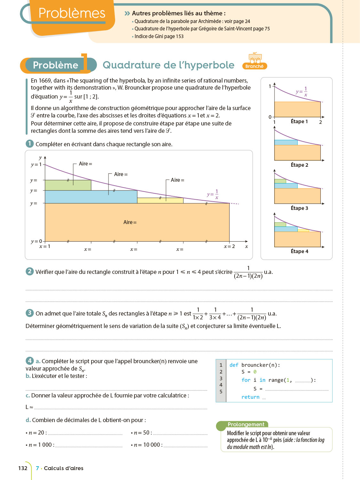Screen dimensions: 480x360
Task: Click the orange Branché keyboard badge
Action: click(x=255, y=61)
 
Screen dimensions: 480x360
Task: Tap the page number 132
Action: click(x=23, y=468)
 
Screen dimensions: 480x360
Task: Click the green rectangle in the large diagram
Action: click(x=68, y=185)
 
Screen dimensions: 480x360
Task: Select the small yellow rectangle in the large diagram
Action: click(x=160, y=201)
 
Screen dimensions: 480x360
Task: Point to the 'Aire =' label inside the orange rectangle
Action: click(x=130, y=222)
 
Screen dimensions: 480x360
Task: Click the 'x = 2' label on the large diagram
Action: click(x=229, y=246)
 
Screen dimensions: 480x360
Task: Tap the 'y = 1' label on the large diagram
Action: click(x=36, y=164)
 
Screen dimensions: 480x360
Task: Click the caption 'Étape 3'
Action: click(x=299, y=208)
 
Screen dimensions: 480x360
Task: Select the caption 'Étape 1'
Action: click(x=299, y=121)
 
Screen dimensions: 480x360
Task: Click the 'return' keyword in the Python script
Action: click(x=250, y=397)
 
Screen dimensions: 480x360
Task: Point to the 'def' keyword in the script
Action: click(x=234, y=365)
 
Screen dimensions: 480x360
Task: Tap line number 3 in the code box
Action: click(x=221, y=378)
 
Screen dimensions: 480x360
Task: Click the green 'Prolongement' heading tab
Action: click(x=246, y=424)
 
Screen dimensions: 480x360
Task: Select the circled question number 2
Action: click(x=29, y=271)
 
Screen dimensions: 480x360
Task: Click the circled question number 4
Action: click(x=29, y=361)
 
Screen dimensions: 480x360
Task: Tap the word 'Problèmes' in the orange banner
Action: click(x=72, y=13)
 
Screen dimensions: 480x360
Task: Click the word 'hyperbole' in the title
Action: click(x=207, y=65)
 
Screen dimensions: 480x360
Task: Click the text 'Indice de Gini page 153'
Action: click(x=159, y=36)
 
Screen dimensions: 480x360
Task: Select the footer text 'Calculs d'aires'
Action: click(x=63, y=468)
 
